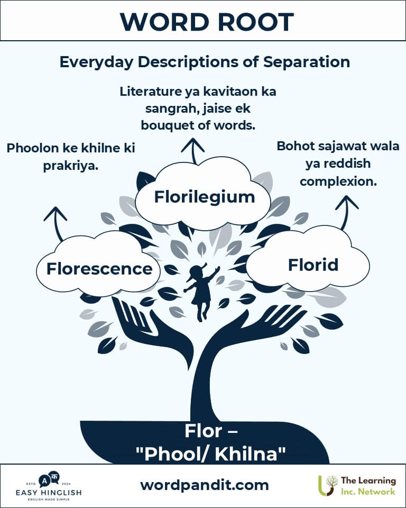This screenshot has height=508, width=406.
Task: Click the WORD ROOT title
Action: [207, 22]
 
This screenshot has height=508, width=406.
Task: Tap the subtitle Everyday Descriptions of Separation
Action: [205, 62]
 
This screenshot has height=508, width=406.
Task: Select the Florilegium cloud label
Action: [205, 197]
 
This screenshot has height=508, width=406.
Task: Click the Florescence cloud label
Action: [99, 269]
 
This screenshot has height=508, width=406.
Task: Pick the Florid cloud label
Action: [313, 265]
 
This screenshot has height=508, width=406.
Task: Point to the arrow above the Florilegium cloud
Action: [193, 151]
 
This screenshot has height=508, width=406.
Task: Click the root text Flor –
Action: [211, 431]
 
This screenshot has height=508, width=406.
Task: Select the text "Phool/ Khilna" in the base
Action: [211, 453]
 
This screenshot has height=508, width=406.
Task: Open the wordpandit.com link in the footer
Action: [205, 485]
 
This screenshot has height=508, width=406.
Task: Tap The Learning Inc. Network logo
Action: [357, 486]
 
